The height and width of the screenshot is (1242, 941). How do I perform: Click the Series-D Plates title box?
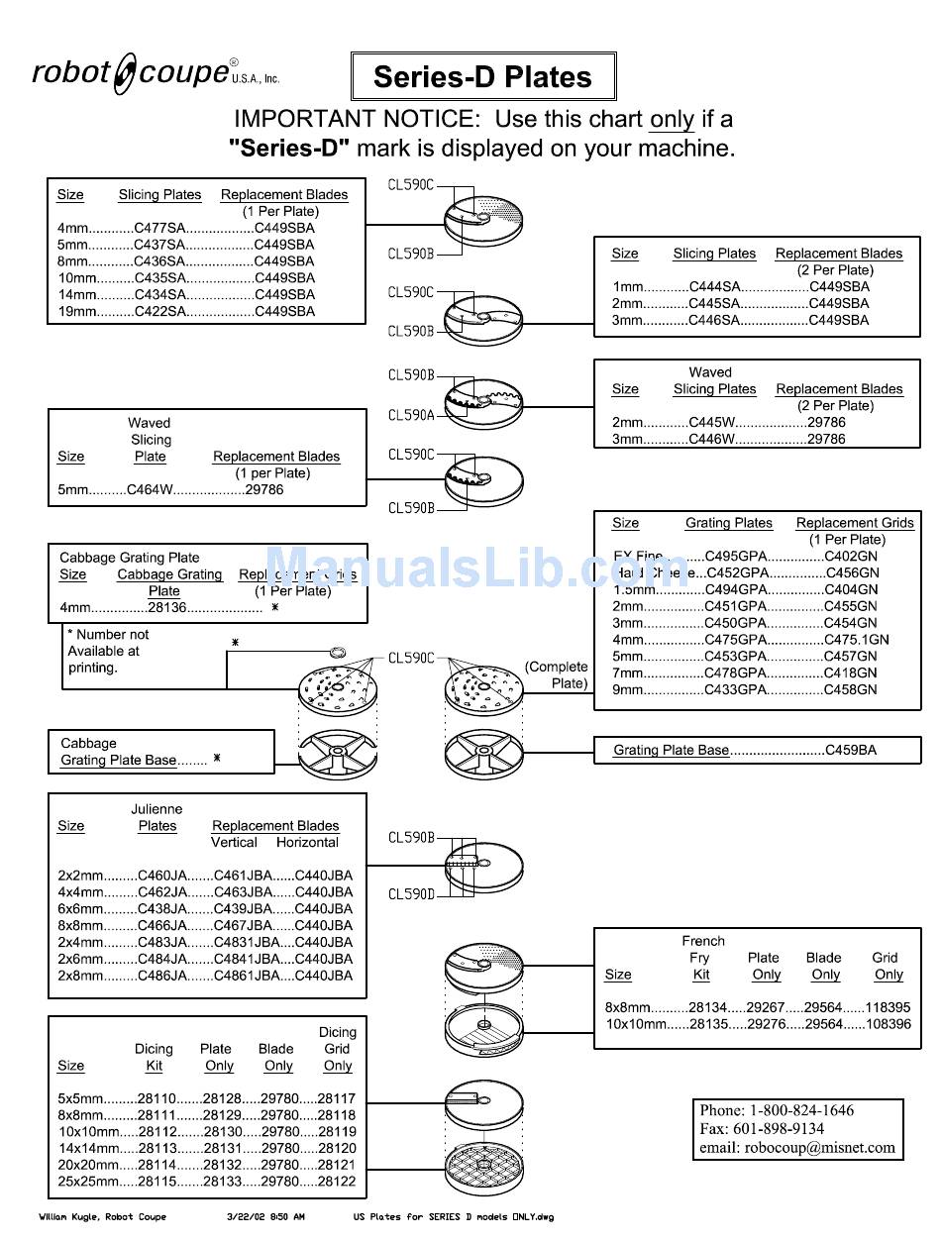[482, 77]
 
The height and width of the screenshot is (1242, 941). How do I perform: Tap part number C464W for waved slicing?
[151, 489]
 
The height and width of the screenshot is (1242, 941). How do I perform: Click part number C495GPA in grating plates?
[736, 556]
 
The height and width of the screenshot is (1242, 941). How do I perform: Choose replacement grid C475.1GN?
[857, 639]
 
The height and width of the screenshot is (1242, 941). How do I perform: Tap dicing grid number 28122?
[337, 1182]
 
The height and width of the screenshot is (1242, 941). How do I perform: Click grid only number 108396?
[888, 1024]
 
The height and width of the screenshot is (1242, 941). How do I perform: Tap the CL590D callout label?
[411, 894]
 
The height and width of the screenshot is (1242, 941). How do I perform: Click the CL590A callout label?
[411, 416]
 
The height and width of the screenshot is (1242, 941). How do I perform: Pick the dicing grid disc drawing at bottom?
[484, 1172]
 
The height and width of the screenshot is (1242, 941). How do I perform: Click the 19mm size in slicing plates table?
[76, 311]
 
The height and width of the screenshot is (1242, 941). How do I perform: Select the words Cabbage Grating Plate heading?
[129, 558]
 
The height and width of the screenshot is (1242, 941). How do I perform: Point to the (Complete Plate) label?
[557, 674]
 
